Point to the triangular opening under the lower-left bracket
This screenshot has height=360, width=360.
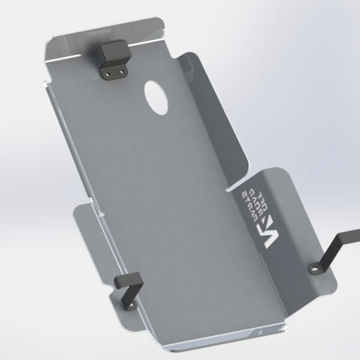pyautogui.click(x=121, y=300)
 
